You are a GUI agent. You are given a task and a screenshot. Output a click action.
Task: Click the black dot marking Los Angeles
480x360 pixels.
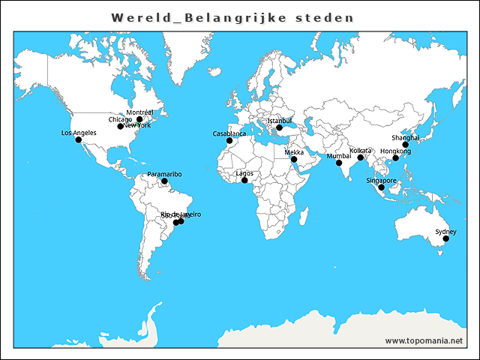coord(79,140)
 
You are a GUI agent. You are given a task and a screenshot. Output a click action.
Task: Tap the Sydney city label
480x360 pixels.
coord(445,232)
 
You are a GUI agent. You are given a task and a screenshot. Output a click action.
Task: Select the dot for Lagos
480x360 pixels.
coord(244,180)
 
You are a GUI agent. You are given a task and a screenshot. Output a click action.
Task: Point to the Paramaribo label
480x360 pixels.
coord(164,174)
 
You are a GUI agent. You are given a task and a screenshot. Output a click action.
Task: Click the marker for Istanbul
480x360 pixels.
coord(279,127)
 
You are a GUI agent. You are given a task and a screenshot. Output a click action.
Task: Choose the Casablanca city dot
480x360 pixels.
coord(229,140)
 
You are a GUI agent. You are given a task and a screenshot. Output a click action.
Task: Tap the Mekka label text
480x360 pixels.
coord(294,152)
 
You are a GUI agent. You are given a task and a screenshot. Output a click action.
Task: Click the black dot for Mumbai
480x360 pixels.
coord(339,163)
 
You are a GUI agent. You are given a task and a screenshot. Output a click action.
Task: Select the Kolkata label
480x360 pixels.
coord(360,151)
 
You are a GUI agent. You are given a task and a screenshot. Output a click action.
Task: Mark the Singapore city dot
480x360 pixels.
coord(381,187)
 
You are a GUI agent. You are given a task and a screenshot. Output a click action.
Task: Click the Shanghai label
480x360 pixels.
coord(404,137)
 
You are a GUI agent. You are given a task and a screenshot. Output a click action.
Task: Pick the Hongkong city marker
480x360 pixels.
coord(396,158)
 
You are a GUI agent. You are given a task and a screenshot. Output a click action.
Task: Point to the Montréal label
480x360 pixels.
coord(139,112)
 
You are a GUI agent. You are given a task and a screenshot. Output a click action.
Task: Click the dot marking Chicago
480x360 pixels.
coord(120,126)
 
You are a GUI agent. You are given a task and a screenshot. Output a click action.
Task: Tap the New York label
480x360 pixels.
coord(138,125)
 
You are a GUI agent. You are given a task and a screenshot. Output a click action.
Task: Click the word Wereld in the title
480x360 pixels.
coord(138,16)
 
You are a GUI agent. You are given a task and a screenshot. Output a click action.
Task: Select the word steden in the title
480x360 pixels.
coord(329,16)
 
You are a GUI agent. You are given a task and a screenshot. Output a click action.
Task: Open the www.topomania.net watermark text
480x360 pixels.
coord(424,340)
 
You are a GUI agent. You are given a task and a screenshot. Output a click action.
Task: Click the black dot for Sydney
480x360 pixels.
coord(445,239)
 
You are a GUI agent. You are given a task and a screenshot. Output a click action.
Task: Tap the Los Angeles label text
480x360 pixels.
coord(79,133)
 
